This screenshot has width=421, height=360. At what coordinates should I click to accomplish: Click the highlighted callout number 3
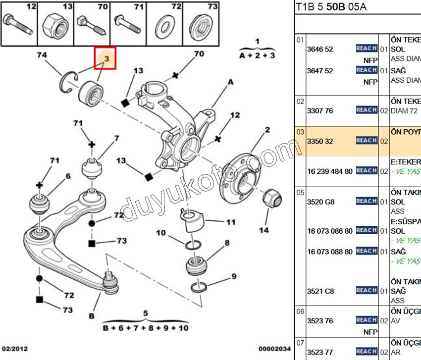105,59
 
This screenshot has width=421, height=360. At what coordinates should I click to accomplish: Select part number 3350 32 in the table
320,141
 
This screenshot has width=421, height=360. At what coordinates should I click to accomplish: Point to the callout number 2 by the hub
267,130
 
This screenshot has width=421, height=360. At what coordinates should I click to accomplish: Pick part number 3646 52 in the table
320,49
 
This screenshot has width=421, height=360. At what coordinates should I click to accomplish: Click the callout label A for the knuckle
230,82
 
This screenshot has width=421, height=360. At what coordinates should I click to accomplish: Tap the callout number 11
231,222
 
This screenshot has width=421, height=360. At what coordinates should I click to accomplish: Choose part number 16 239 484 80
330,171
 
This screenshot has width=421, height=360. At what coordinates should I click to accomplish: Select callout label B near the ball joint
91,316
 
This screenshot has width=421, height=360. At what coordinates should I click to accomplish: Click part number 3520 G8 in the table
321,202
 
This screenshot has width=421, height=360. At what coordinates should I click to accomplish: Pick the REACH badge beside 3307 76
367,110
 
